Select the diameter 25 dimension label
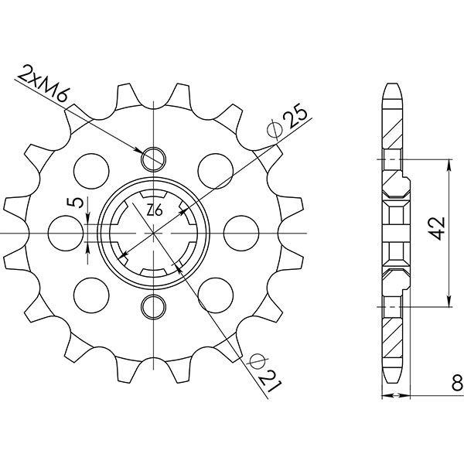coord(287,122)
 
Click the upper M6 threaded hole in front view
coord(154,158)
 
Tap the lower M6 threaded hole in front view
coord(154,305)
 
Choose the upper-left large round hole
coord(92,168)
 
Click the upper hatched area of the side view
coord(394,128)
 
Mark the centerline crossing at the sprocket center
coord(154,231)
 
